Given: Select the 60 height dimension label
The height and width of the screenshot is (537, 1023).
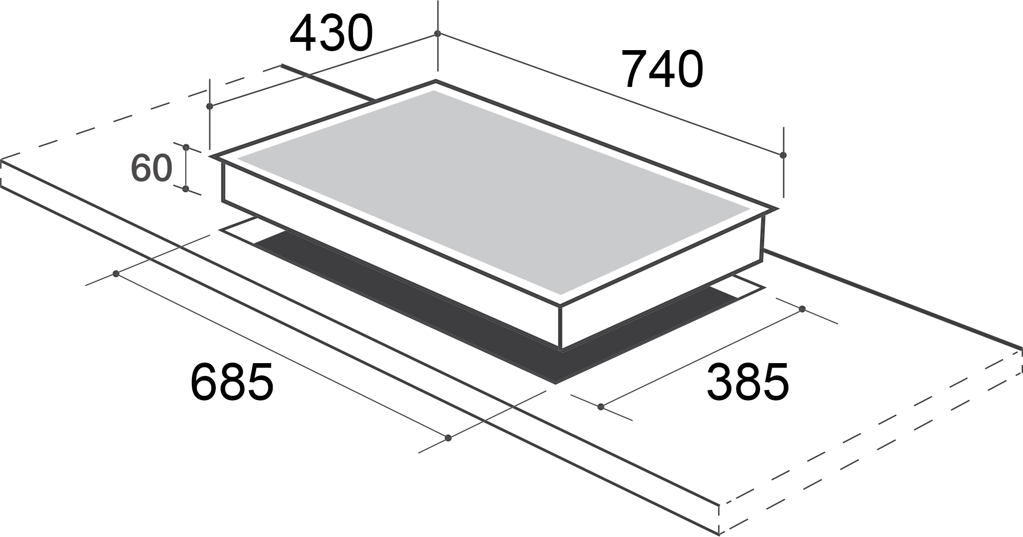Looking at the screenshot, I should [x=151, y=168].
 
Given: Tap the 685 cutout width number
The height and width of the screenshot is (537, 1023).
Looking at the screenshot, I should [x=232, y=382].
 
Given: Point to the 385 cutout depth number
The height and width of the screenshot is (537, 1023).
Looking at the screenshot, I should [x=747, y=382].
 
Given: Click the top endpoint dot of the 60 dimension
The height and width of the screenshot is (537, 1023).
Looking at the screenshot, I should [x=186, y=147].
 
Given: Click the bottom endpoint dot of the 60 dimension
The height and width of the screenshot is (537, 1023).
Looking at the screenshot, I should [x=186, y=189].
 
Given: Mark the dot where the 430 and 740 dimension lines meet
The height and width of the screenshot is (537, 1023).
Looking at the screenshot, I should [x=437, y=33].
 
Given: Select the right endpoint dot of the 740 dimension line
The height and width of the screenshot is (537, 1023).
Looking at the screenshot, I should [x=783, y=154].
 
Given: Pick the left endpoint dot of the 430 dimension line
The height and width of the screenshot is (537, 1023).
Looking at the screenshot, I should [x=209, y=106].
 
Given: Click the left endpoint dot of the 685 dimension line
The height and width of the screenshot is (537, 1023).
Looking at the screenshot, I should [x=116, y=274].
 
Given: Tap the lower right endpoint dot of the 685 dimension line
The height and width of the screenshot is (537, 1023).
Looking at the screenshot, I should [x=449, y=437].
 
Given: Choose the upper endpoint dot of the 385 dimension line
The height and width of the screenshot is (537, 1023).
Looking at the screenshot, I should [x=802, y=309].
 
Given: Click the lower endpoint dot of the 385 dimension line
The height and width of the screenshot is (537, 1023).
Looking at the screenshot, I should [x=601, y=407].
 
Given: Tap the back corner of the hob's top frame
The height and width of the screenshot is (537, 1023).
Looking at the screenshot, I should [x=435, y=81].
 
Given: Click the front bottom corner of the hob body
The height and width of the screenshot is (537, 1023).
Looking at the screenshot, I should [x=562, y=349].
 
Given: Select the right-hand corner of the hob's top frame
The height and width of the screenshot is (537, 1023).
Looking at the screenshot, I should [x=776, y=209].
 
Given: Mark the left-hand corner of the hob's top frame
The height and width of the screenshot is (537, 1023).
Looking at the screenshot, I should [x=211, y=156].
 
